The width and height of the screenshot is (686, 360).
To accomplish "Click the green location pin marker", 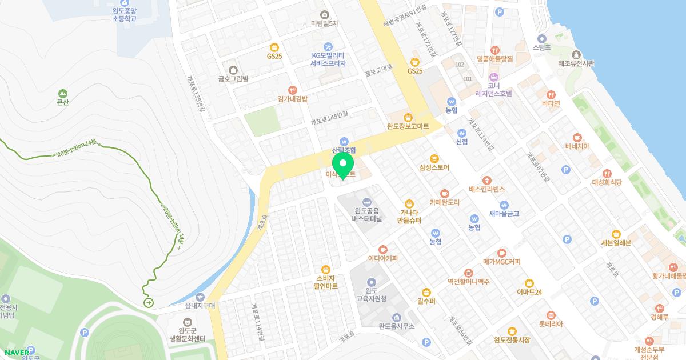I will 343,165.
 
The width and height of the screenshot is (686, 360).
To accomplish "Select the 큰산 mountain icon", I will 62,93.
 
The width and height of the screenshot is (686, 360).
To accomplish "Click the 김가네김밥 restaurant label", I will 292,98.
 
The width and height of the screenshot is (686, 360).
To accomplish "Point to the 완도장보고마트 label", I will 408,126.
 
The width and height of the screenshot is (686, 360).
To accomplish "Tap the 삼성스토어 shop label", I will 434,167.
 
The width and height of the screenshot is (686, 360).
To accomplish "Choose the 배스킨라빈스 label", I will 486,189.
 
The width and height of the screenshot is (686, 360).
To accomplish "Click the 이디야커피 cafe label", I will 382,258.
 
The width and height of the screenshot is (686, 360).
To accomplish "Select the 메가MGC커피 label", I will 501,262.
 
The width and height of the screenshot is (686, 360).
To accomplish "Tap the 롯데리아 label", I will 551,324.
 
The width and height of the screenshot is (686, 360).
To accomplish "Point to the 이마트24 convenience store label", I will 529,292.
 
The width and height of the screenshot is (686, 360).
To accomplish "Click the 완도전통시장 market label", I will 512,340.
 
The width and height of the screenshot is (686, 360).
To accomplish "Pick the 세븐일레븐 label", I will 616,242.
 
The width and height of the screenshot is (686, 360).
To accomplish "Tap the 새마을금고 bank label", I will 504,214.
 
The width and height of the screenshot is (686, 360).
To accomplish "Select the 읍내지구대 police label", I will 200,305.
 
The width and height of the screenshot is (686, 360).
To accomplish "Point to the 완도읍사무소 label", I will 396,326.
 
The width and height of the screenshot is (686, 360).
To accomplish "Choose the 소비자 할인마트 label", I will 326,281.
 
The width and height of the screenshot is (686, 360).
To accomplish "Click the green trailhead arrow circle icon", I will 149,302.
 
